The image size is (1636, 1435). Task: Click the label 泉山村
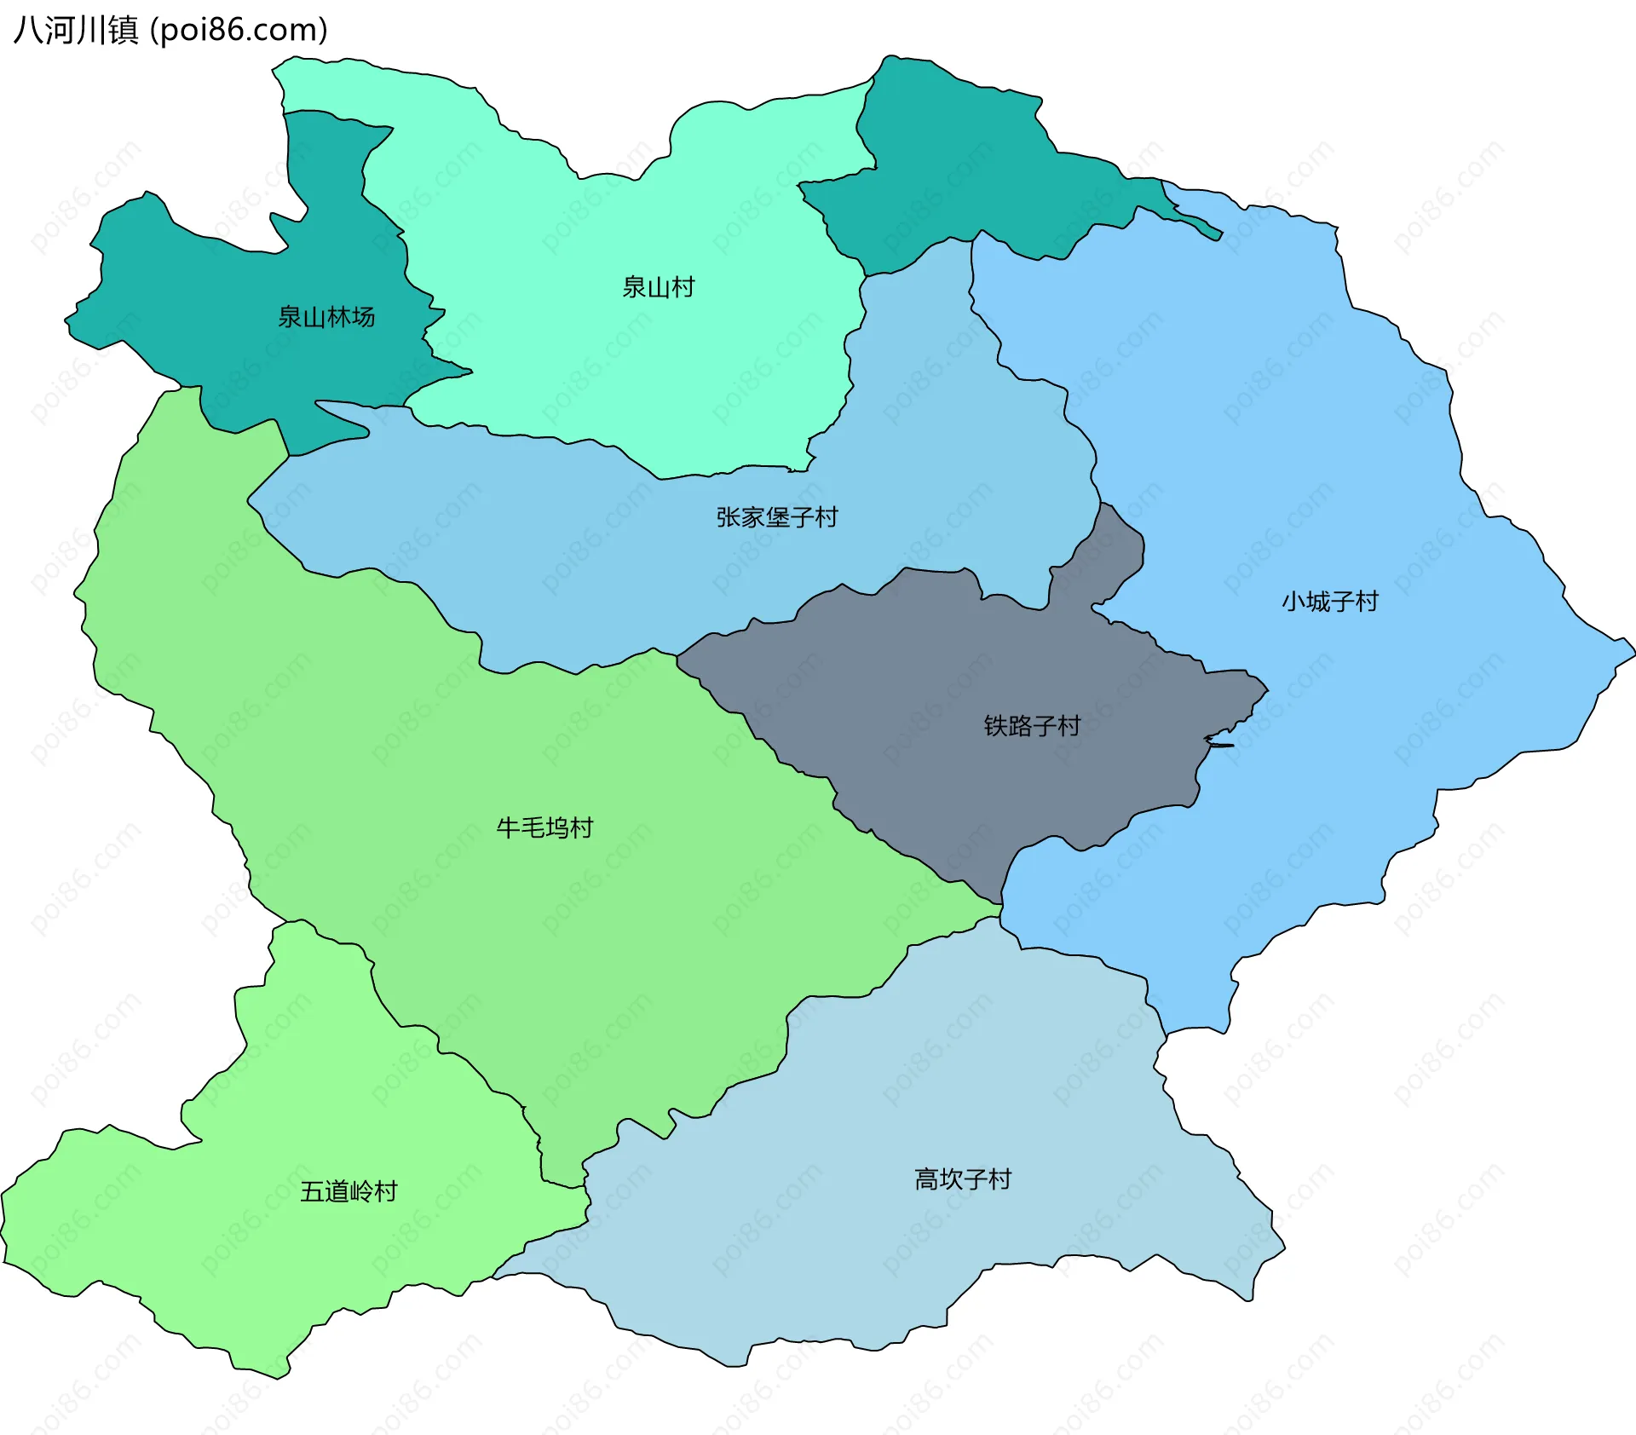click(x=658, y=287)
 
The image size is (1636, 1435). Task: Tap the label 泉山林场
click(x=326, y=317)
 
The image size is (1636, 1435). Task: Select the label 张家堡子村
click(x=776, y=517)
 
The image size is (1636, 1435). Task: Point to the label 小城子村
click(x=1329, y=602)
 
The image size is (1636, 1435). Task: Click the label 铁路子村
click(x=1032, y=726)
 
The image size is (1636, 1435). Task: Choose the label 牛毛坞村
click(x=544, y=827)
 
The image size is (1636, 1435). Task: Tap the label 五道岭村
click(x=349, y=1191)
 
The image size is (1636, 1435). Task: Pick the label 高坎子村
click(x=962, y=1179)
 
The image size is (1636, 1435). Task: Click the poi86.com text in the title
click(x=239, y=31)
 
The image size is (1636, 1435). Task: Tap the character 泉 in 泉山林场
click(x=290, y=317)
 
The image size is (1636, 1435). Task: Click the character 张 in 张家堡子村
click(x=728, y=517)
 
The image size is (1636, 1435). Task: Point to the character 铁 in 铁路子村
click(x=995, y=726)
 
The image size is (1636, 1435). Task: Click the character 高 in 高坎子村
click(x=926, y=1179)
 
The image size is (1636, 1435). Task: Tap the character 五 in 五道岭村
click(x=312, y=1191)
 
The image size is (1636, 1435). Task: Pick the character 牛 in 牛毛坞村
click(x=508, y=827)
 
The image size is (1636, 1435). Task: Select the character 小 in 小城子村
click(x=1293, y=602)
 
